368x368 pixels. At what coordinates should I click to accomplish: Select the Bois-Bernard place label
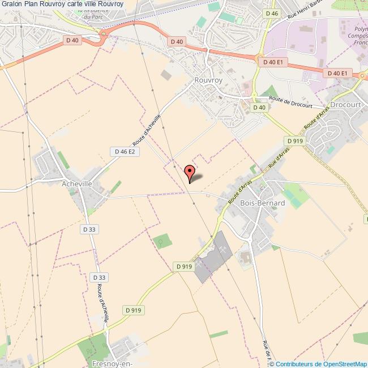(x=262, y=203)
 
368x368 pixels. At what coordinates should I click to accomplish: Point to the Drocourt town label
(x=345, y=105)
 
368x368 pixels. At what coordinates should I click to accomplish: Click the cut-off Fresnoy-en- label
(x=112, y=363)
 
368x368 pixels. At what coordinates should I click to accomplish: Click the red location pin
(x=190, y=172)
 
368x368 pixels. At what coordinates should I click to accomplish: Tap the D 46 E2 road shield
(x=124, y=152)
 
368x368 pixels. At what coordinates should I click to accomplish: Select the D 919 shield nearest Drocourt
(x=296, y=140)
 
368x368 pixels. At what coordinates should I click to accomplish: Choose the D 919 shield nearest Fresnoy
(x=133, y=310)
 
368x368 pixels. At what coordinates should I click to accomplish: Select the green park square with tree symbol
(x=161, y=242)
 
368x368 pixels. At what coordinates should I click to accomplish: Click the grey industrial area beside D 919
(x=213, y=258)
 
